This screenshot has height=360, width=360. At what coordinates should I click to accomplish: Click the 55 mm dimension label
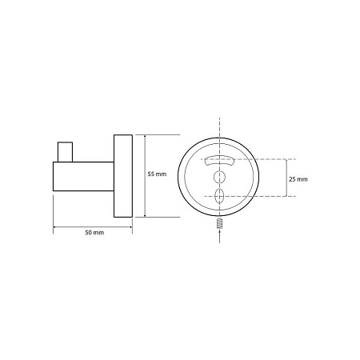point(157,174)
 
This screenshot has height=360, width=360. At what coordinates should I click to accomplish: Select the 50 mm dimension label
point(94,232)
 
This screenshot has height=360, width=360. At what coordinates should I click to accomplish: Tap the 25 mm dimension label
point(297,178)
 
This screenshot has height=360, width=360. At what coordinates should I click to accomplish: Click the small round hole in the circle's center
point(219,175)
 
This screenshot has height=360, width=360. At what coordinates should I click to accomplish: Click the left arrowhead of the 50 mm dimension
point(55,227)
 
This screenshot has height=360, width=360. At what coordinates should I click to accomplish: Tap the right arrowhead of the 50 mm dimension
point(130,227)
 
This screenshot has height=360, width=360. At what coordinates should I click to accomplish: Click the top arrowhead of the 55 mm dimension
point(145,135)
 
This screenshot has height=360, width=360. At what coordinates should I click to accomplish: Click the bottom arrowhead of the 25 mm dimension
point(286,194)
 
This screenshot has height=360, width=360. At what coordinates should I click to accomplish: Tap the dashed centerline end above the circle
point(219,122)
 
